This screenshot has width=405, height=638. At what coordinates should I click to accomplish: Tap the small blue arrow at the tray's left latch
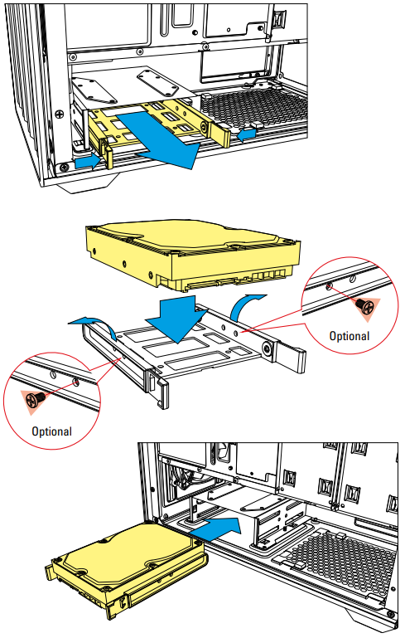[87, 162]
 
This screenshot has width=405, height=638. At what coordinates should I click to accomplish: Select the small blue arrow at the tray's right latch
[247, 134]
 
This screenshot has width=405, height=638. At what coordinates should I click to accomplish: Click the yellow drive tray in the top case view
[158, 122]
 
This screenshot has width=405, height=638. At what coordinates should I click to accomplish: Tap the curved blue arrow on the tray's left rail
[94, 324]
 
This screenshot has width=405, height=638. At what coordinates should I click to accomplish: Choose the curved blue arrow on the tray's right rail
[246, 306]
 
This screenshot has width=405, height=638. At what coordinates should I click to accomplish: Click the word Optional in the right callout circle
[350, 336]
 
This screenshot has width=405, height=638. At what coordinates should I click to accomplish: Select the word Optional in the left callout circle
[51, 431]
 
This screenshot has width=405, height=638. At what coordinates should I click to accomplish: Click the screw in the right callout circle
[364, 306]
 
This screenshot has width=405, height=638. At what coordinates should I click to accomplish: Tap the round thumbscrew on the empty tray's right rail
[268, 348]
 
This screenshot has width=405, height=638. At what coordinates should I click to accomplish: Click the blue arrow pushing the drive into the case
[215, 530]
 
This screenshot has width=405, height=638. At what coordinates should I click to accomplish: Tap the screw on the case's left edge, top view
[60, 114]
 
